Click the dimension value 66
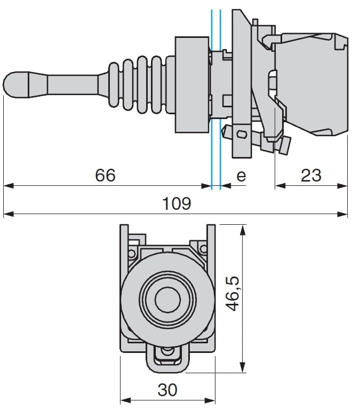point(105,175)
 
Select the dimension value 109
point(177,203)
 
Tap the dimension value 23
point(311,175)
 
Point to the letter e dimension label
point(241,176)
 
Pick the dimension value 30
point(167,390)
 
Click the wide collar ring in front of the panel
point(191,84)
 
